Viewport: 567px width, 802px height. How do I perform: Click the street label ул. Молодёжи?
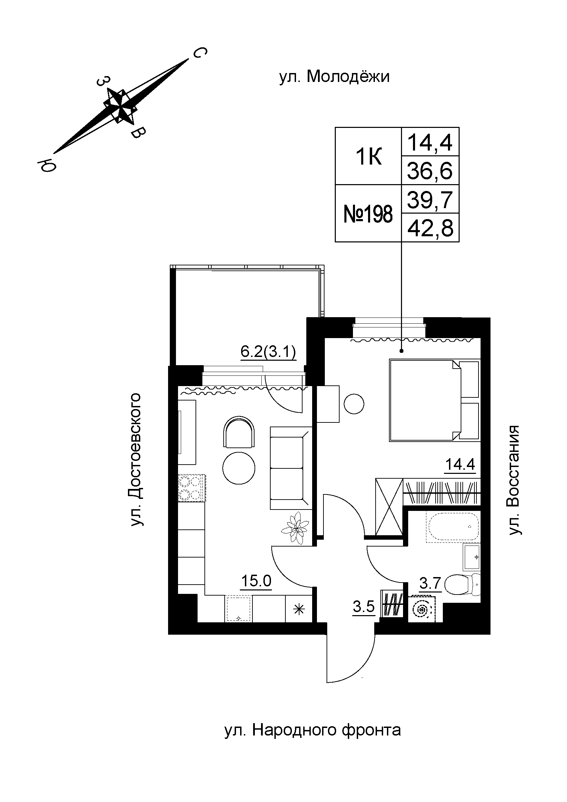(x=334, y=77)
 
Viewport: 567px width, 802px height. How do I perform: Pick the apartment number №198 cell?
(x=368, y=214)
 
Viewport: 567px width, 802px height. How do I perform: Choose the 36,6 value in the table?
(x=430, y=171)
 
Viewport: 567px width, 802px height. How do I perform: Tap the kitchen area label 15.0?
(x=257, y=581)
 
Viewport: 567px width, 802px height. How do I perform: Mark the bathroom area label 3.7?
(x=430, y=583)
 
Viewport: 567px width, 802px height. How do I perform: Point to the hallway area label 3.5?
(x=364, y=607)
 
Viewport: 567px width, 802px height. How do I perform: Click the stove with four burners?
(x=191, y=488)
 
